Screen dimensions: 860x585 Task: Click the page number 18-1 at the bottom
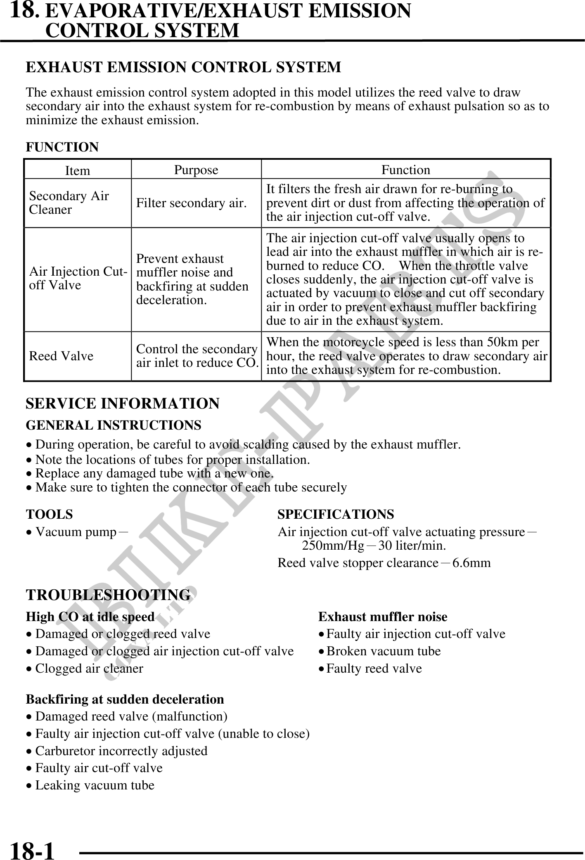(32, 849)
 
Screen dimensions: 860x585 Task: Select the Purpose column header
(196, 170)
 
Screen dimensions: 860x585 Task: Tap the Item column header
(78, 170)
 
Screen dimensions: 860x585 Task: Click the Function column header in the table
(405, 170)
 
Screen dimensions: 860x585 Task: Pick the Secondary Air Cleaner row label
(69, 203)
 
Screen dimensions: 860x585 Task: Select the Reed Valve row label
(61, 356)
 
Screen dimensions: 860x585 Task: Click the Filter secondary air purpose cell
(192, 203)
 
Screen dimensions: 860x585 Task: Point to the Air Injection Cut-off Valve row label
(78, 279)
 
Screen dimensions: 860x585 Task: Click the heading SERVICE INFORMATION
(123, 403)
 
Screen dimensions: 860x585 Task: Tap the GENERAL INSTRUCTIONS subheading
(114, 425)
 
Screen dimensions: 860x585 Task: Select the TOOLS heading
(49, 514)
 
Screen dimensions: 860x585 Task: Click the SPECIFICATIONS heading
(336, 514)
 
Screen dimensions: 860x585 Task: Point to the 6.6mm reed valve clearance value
(471, 562)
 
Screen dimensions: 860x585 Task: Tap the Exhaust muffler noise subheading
(383, 617)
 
